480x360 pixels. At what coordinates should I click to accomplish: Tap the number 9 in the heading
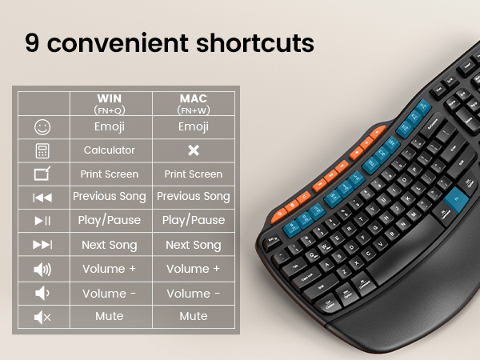pyautogui.click(x=33, y=42)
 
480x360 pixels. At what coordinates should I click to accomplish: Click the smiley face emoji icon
pyautogui.click(x=42, y=126)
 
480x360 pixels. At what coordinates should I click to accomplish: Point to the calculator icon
pyautogui.click(x=42, y=150)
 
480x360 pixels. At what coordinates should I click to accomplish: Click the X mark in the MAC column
pyautogui.click(x=193, y=150)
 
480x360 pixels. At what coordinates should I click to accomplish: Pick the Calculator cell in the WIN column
pyautogui.click(x=110, y=150)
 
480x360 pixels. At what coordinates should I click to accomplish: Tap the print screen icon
pyautogui.click(x=42, y=174)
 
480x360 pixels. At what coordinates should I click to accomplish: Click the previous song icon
pyautogui.click(x=42, y=197)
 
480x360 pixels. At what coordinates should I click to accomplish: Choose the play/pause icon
pyautogui.click(x=42, y=221)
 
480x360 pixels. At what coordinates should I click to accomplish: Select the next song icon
pyautogui.click(x=42, y=245)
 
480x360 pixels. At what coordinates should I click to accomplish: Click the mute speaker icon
pyautogui.click(x=42, y=317)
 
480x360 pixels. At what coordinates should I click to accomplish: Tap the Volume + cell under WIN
pyautogui.click(x=110, y=269)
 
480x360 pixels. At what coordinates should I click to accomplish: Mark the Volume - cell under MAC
pyautogui.click(x=193, y=293)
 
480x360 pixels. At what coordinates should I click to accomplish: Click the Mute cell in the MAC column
pyautogui.click(x=193, y=316)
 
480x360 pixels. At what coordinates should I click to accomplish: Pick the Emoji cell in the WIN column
pyautogui.click(x=110, y=126)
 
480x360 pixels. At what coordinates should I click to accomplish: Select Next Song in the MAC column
pyautogui.click(x=193, y=245)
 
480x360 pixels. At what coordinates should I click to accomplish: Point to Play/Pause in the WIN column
pyautogui.click(x=110, y=221)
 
